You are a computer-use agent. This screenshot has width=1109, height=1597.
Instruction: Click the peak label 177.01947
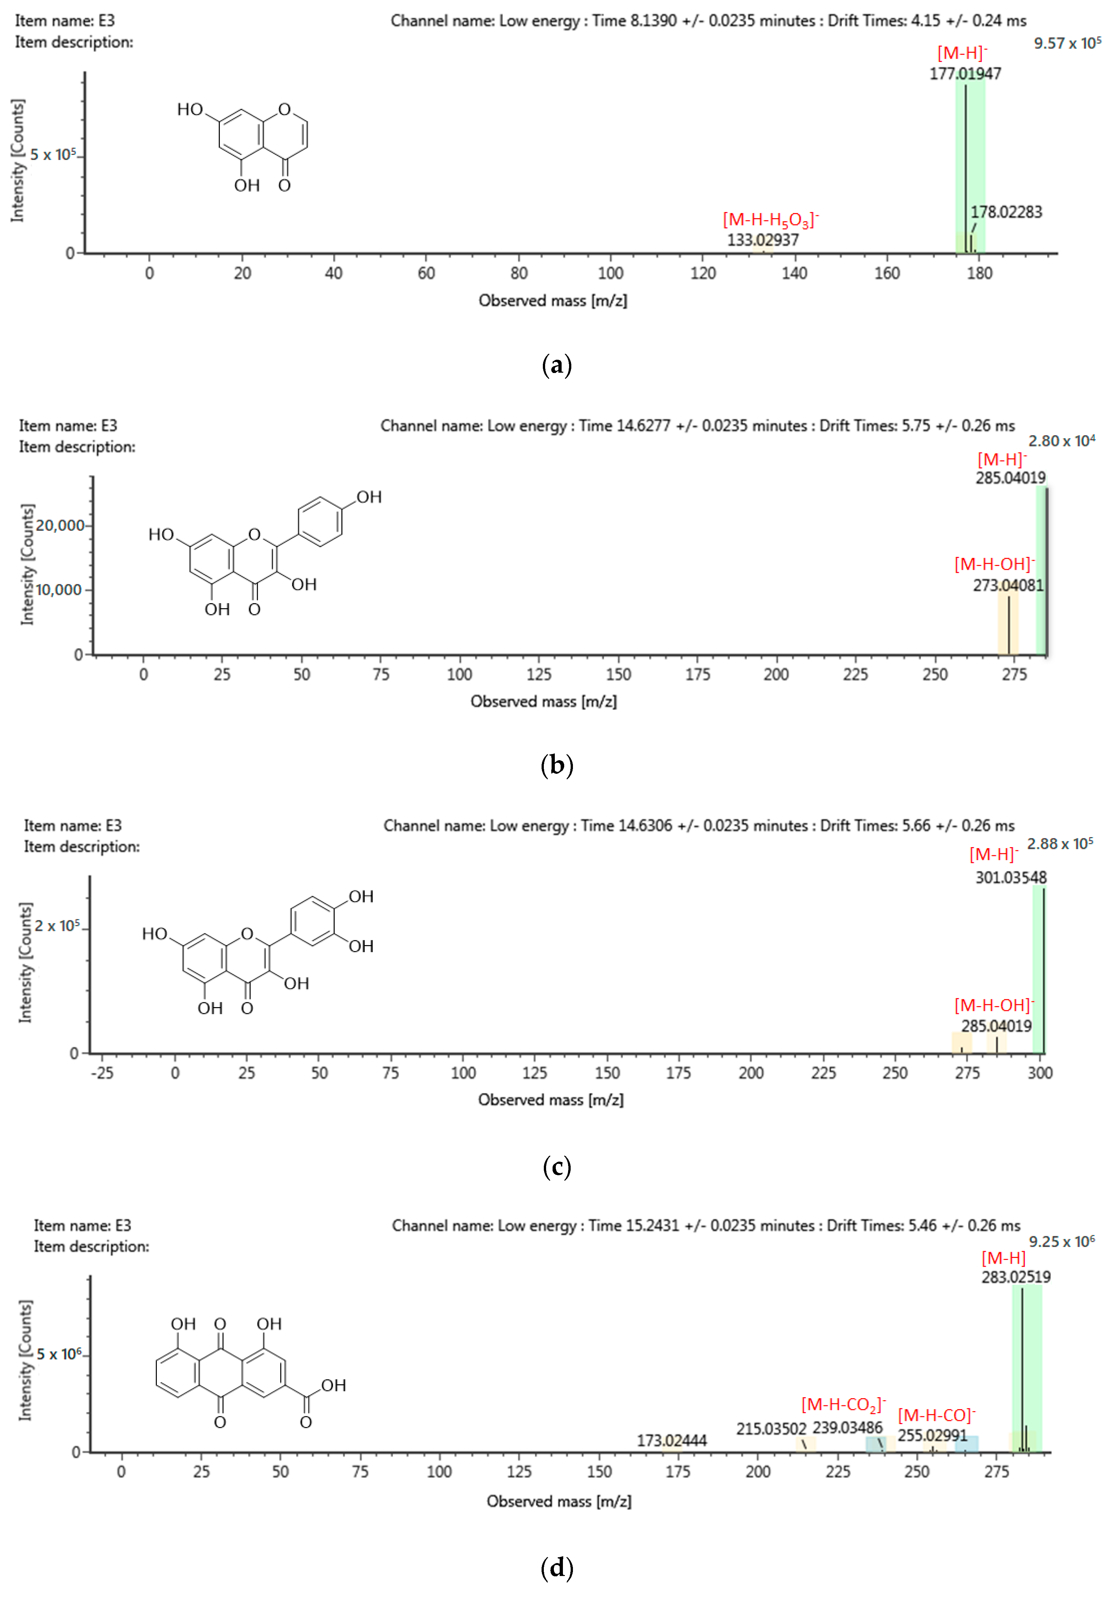click(x=965, y=74)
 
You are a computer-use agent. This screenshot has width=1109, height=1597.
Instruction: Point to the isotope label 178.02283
click(x=1006, y=212)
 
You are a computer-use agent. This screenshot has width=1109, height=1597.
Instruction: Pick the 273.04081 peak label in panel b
click(x=1007, y=586)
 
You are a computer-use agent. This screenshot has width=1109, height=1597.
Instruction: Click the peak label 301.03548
click(x=1010, y=877)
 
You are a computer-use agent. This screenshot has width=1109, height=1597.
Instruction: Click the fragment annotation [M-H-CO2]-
click(x=843, y=1405)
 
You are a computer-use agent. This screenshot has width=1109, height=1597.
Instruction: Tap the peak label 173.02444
click(x=672, y=1441)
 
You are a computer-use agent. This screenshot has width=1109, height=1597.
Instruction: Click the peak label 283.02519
click(x=1016, y=1277)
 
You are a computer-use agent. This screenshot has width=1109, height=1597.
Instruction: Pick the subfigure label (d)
click(x=556, y=1568)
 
